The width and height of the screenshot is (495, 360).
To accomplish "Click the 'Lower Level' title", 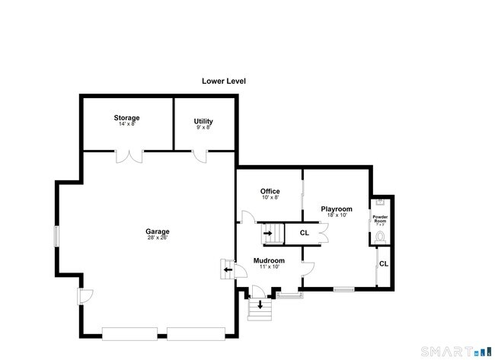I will pyautogui.click(x=223, y=81).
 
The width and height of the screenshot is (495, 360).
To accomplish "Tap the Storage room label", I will pyautogui.click(x=126, y=118).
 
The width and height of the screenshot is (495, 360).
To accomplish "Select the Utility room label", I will pyautogui.click(x=203, y=121).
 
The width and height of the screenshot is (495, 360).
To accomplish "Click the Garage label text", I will pyautogui.click(x=158, y=231).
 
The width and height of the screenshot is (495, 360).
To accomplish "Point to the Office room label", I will pyautogui.click(x=270, y=191).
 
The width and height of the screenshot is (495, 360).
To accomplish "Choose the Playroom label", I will pyautogui.click(x=336, y=209).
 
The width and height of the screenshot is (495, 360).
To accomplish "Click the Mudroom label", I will pyautogui.click(x=268, y=260).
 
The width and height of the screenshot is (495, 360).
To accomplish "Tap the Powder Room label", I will pyautogui.click(x=380, y=219).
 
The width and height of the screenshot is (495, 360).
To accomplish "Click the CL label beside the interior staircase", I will pyautogui.click(x=304, y=233).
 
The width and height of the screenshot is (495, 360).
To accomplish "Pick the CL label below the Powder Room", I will pyautogui.click(x=384, y=263).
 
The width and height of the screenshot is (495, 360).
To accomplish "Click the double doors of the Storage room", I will pyautogui.click(x=128, y=156).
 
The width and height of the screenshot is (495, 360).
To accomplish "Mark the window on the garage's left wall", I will pyautogui.click(x=55, y=237).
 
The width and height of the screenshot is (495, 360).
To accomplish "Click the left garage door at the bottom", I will pyautogui.click(x=129, y=333).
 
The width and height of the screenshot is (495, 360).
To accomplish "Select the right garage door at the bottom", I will pyautogui.click(x=196, y=333).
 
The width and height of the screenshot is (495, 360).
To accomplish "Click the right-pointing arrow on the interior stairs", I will pyautogui.click(x=268, y=233).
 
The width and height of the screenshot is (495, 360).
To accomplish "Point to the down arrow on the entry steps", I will pyautogui.click(x=260, y=305).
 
